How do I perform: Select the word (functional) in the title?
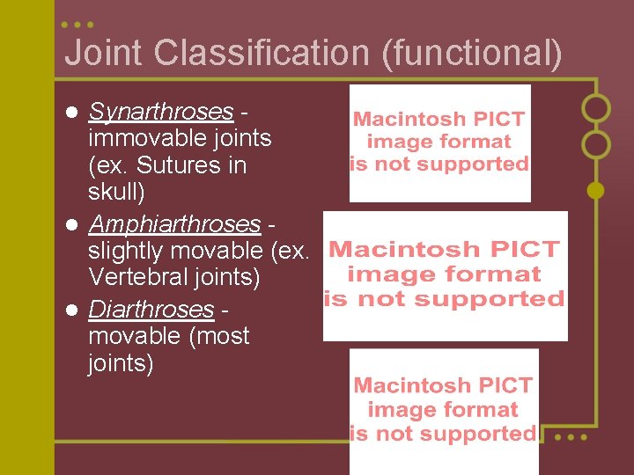click(x=471, y=53)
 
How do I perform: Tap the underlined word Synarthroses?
click(x=161, y=112)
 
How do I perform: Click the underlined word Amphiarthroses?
click(x=174, y=224)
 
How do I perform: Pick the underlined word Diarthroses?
click(x=151, y=310)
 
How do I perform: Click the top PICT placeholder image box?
click(x=440, y=142)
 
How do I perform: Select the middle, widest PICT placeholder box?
click(x=445, y=275)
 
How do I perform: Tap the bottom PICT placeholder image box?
click(x=444, y=410)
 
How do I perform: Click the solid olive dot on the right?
click(x=596, y=190)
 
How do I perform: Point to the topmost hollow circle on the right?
click(x=596, y=108)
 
